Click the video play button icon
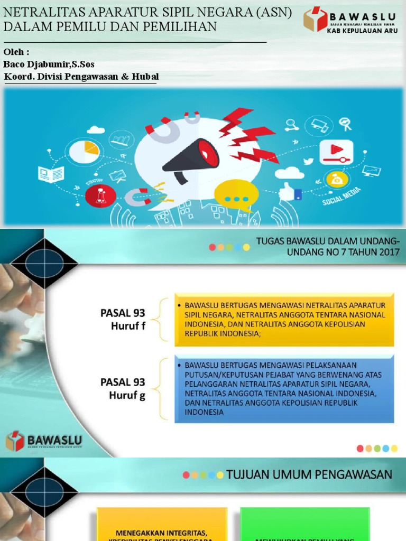tap(336, 152)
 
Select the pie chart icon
tap(85, 151)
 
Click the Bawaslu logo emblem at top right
tap(315, 18)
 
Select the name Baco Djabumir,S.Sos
tap(49, 64)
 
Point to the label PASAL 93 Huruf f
tap(123, 319)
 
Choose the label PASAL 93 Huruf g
tap(123, 388)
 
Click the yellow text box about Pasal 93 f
tap(284, 320)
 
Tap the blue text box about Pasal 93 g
tap(284, 389)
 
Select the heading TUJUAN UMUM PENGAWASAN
tap(309, 474)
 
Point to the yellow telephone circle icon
tap(336, 179)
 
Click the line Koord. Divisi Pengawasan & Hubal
tap(81, 77)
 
